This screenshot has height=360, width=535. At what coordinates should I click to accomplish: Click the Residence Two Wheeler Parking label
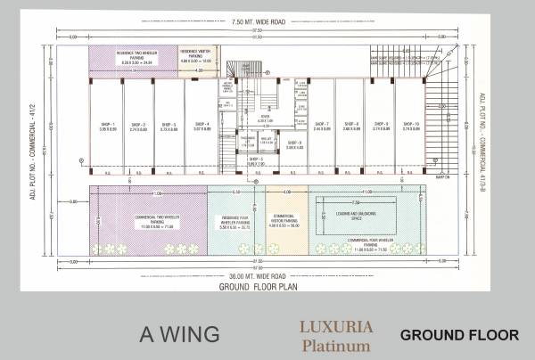pyautogui.click(x=132, y=58)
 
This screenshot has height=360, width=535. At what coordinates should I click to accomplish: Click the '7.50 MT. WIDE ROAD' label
pyautogui.click(x=259, y=21)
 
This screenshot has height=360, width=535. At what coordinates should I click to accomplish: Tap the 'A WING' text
pyautogui.click(x=179, y=334)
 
